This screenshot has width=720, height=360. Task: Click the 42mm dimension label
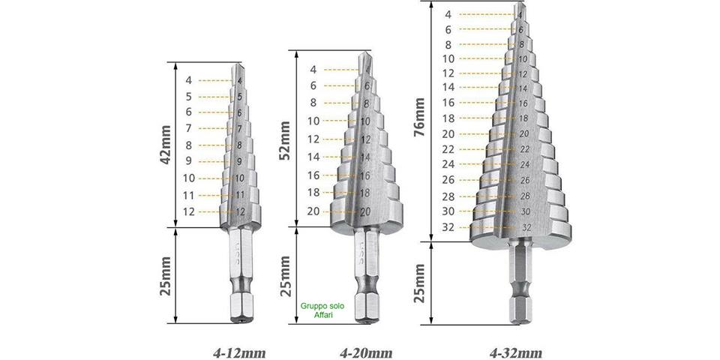[x=166, y=145]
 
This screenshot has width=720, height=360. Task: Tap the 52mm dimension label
[x=286, y=140]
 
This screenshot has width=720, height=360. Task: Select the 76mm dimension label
[x=419, y=117]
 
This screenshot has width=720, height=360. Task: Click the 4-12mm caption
[x=239, y=352]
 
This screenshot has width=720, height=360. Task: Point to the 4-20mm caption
[x=366, y=352]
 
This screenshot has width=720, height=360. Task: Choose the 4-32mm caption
[x=516, y=352]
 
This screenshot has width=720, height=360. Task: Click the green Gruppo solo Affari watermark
[x=322, y=310]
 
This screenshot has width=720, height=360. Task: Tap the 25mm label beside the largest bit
[x=419, y=283]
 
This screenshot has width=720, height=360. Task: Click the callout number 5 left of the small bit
[x=189, y=97]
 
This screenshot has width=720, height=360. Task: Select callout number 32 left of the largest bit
[x=448, y=227]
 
